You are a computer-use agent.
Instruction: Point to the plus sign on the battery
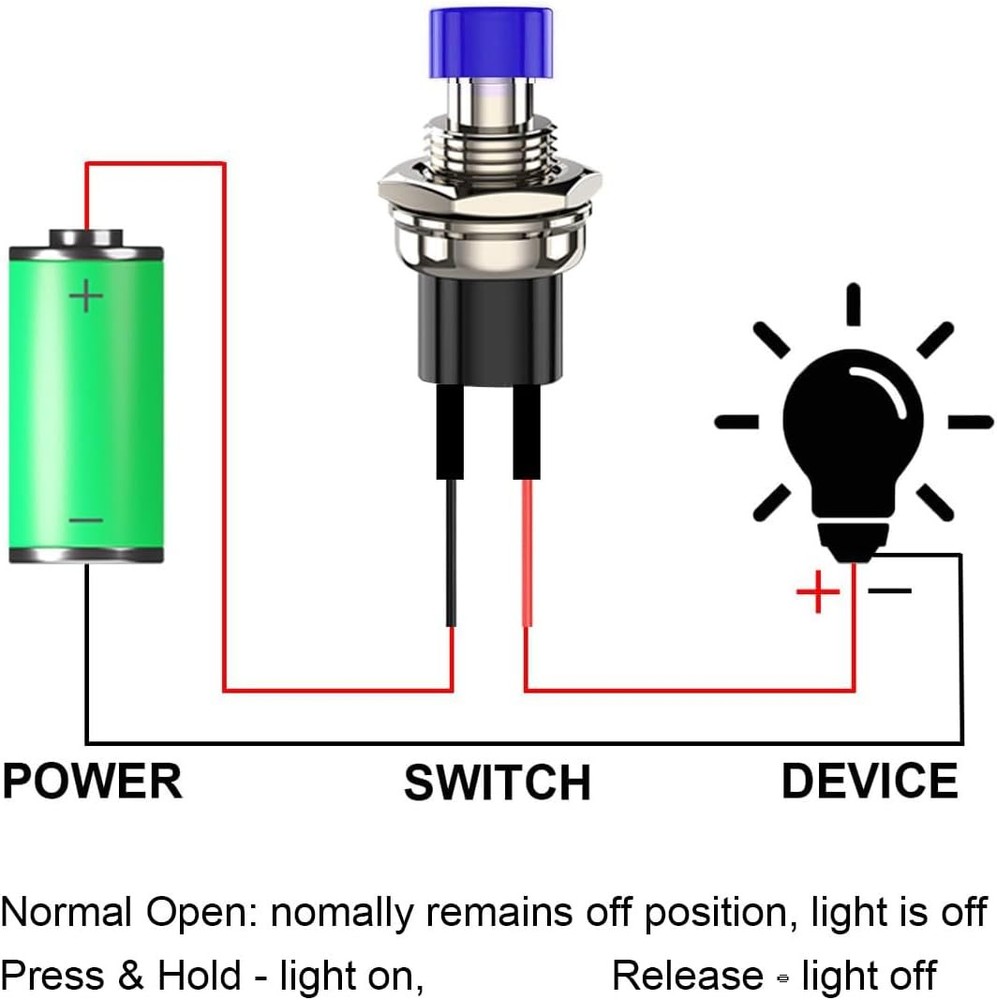click(x=86, y=295)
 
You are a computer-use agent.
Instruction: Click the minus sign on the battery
click(x=86, y=521)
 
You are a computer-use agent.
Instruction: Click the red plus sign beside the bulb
click(x=818, y=594)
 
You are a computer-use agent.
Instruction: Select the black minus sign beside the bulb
click(x=889, y=590)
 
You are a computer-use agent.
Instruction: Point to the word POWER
click(x=92, y=780)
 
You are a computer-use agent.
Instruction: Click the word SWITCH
click(x=497, y=782)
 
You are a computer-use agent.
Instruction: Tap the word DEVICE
click(x=869, y=780)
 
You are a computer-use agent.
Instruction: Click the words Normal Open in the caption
click(x=130, y=913)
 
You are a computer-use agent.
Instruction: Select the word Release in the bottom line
click(x=688, y=975)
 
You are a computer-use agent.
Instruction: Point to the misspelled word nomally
click(x=342, y=913)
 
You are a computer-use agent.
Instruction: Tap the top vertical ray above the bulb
click(x=853, y=305)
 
